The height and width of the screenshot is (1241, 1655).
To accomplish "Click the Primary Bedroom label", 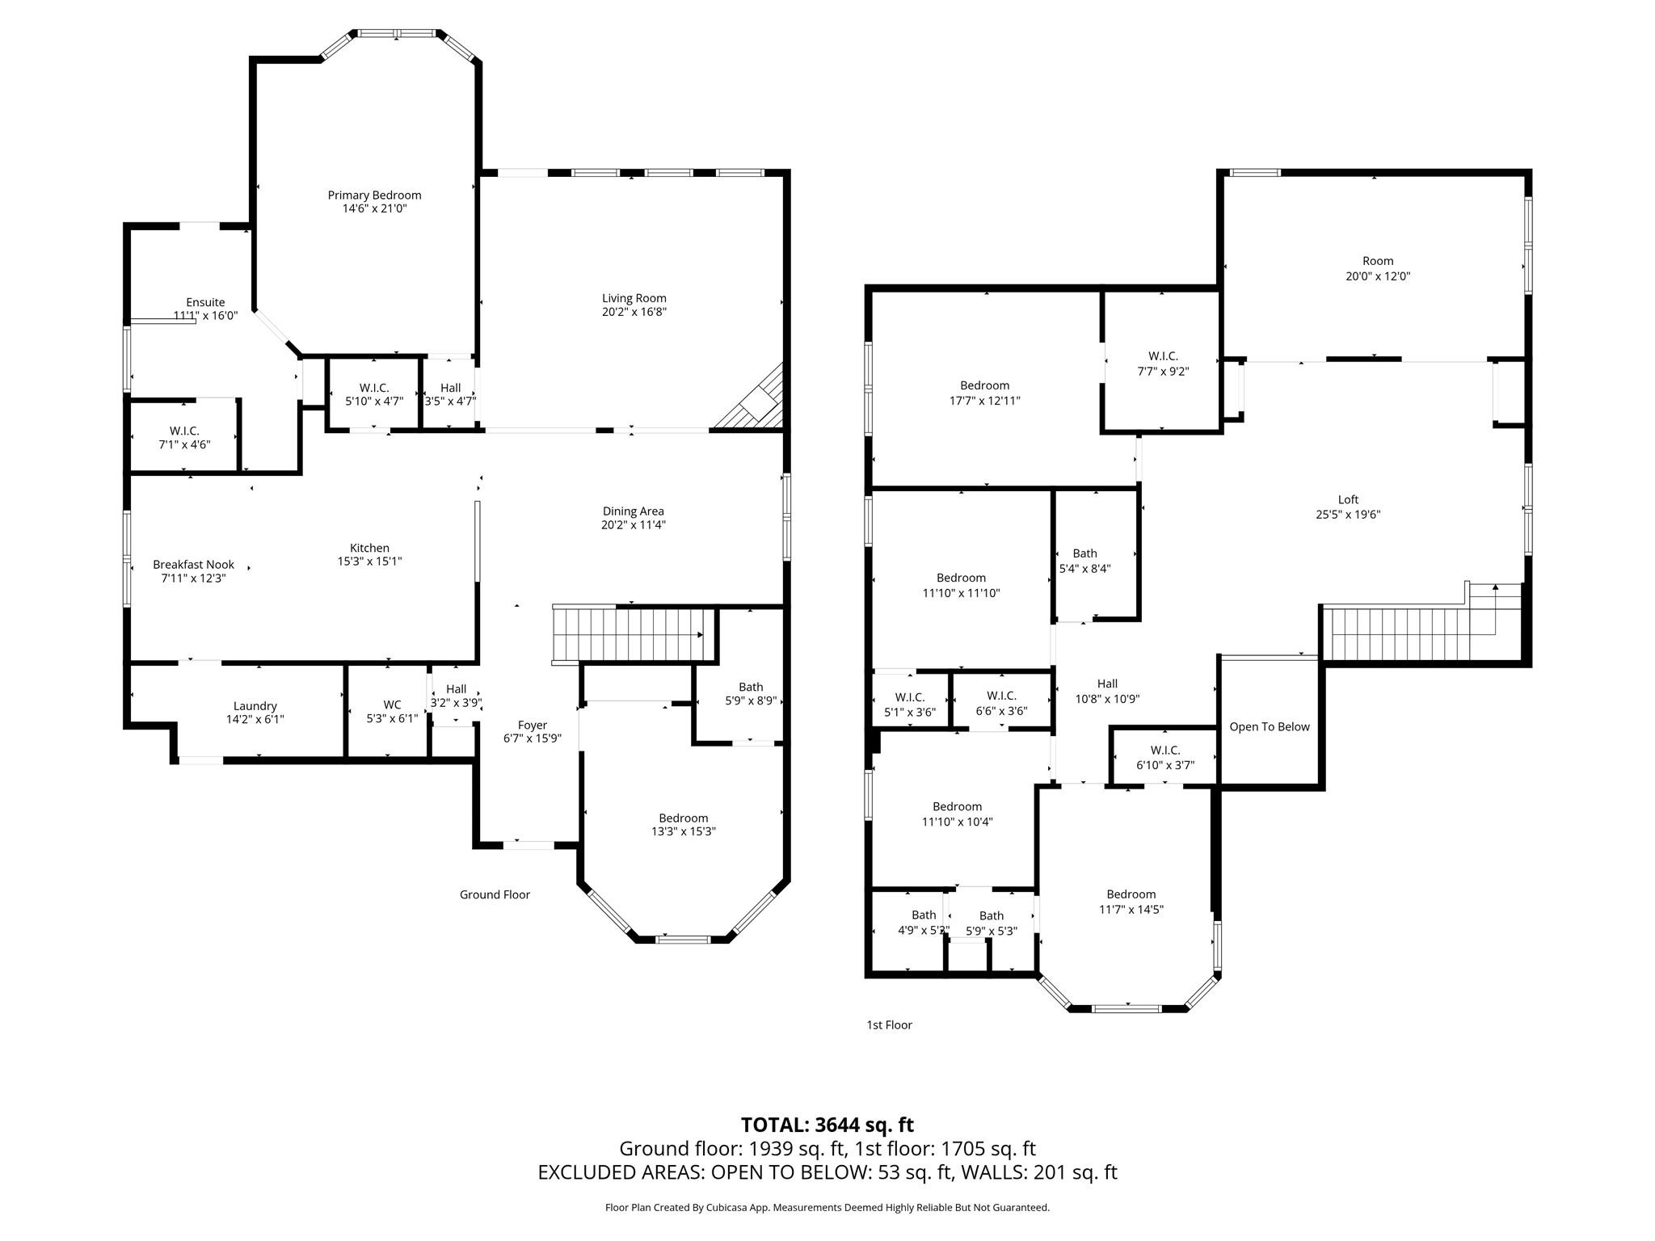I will (x=374, y=195).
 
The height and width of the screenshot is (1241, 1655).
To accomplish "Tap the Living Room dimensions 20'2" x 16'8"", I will (x=634, y=312).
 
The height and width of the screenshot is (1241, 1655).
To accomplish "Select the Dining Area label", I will (x=633, y=511).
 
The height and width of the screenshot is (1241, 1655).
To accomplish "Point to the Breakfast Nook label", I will (x=193, y=565).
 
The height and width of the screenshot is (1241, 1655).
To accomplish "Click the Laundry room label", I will (x=255, y=705).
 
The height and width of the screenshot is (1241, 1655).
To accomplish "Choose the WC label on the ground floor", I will (x=392, y=705).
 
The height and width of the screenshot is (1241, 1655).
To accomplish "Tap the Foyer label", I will (x=532, y=725).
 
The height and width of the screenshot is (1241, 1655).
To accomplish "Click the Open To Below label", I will (x=1269, y=726).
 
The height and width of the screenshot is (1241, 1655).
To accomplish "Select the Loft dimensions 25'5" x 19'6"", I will (x=1347, y=514).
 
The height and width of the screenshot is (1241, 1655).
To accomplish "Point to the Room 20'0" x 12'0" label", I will (x=1377, y=261).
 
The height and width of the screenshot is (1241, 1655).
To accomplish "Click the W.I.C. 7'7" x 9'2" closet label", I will (x=1162, y=356).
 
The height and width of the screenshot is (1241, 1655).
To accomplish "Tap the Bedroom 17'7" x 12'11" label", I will (x=984, y=385).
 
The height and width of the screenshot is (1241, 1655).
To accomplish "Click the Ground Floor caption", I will (x=495, y=894).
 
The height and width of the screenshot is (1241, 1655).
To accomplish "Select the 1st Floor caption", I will (x=889, y=1024).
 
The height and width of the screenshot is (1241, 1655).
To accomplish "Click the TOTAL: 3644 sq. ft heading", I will (x=827, y=1125).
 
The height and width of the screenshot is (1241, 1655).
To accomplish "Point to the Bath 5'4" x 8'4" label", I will (x=1084, y=553).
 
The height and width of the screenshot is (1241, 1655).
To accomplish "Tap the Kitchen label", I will (x=369, y=548).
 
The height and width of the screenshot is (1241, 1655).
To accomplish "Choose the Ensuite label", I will (x=205, y=302).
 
